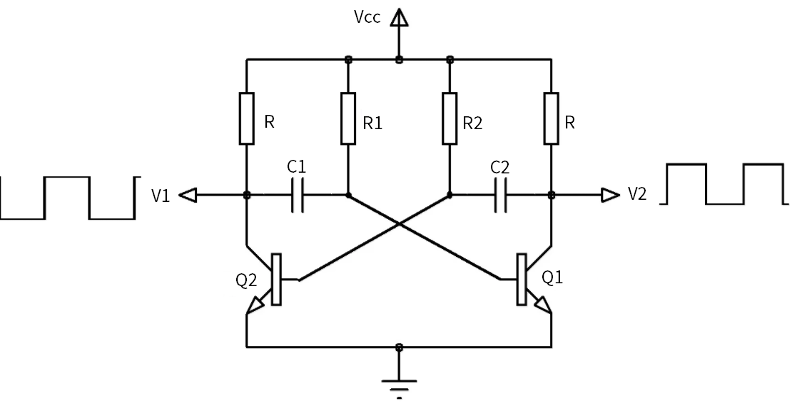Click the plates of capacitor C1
(x=298, y=195)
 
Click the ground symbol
(x=399, y=385)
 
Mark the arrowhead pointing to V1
(x=188, y=195)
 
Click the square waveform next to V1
(x=68, y=197)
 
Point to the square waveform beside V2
(x=724, y=184)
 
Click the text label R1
(x=373, y=123)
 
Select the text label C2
(x=500, y=168)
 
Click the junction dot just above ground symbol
(x=399, y=347)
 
